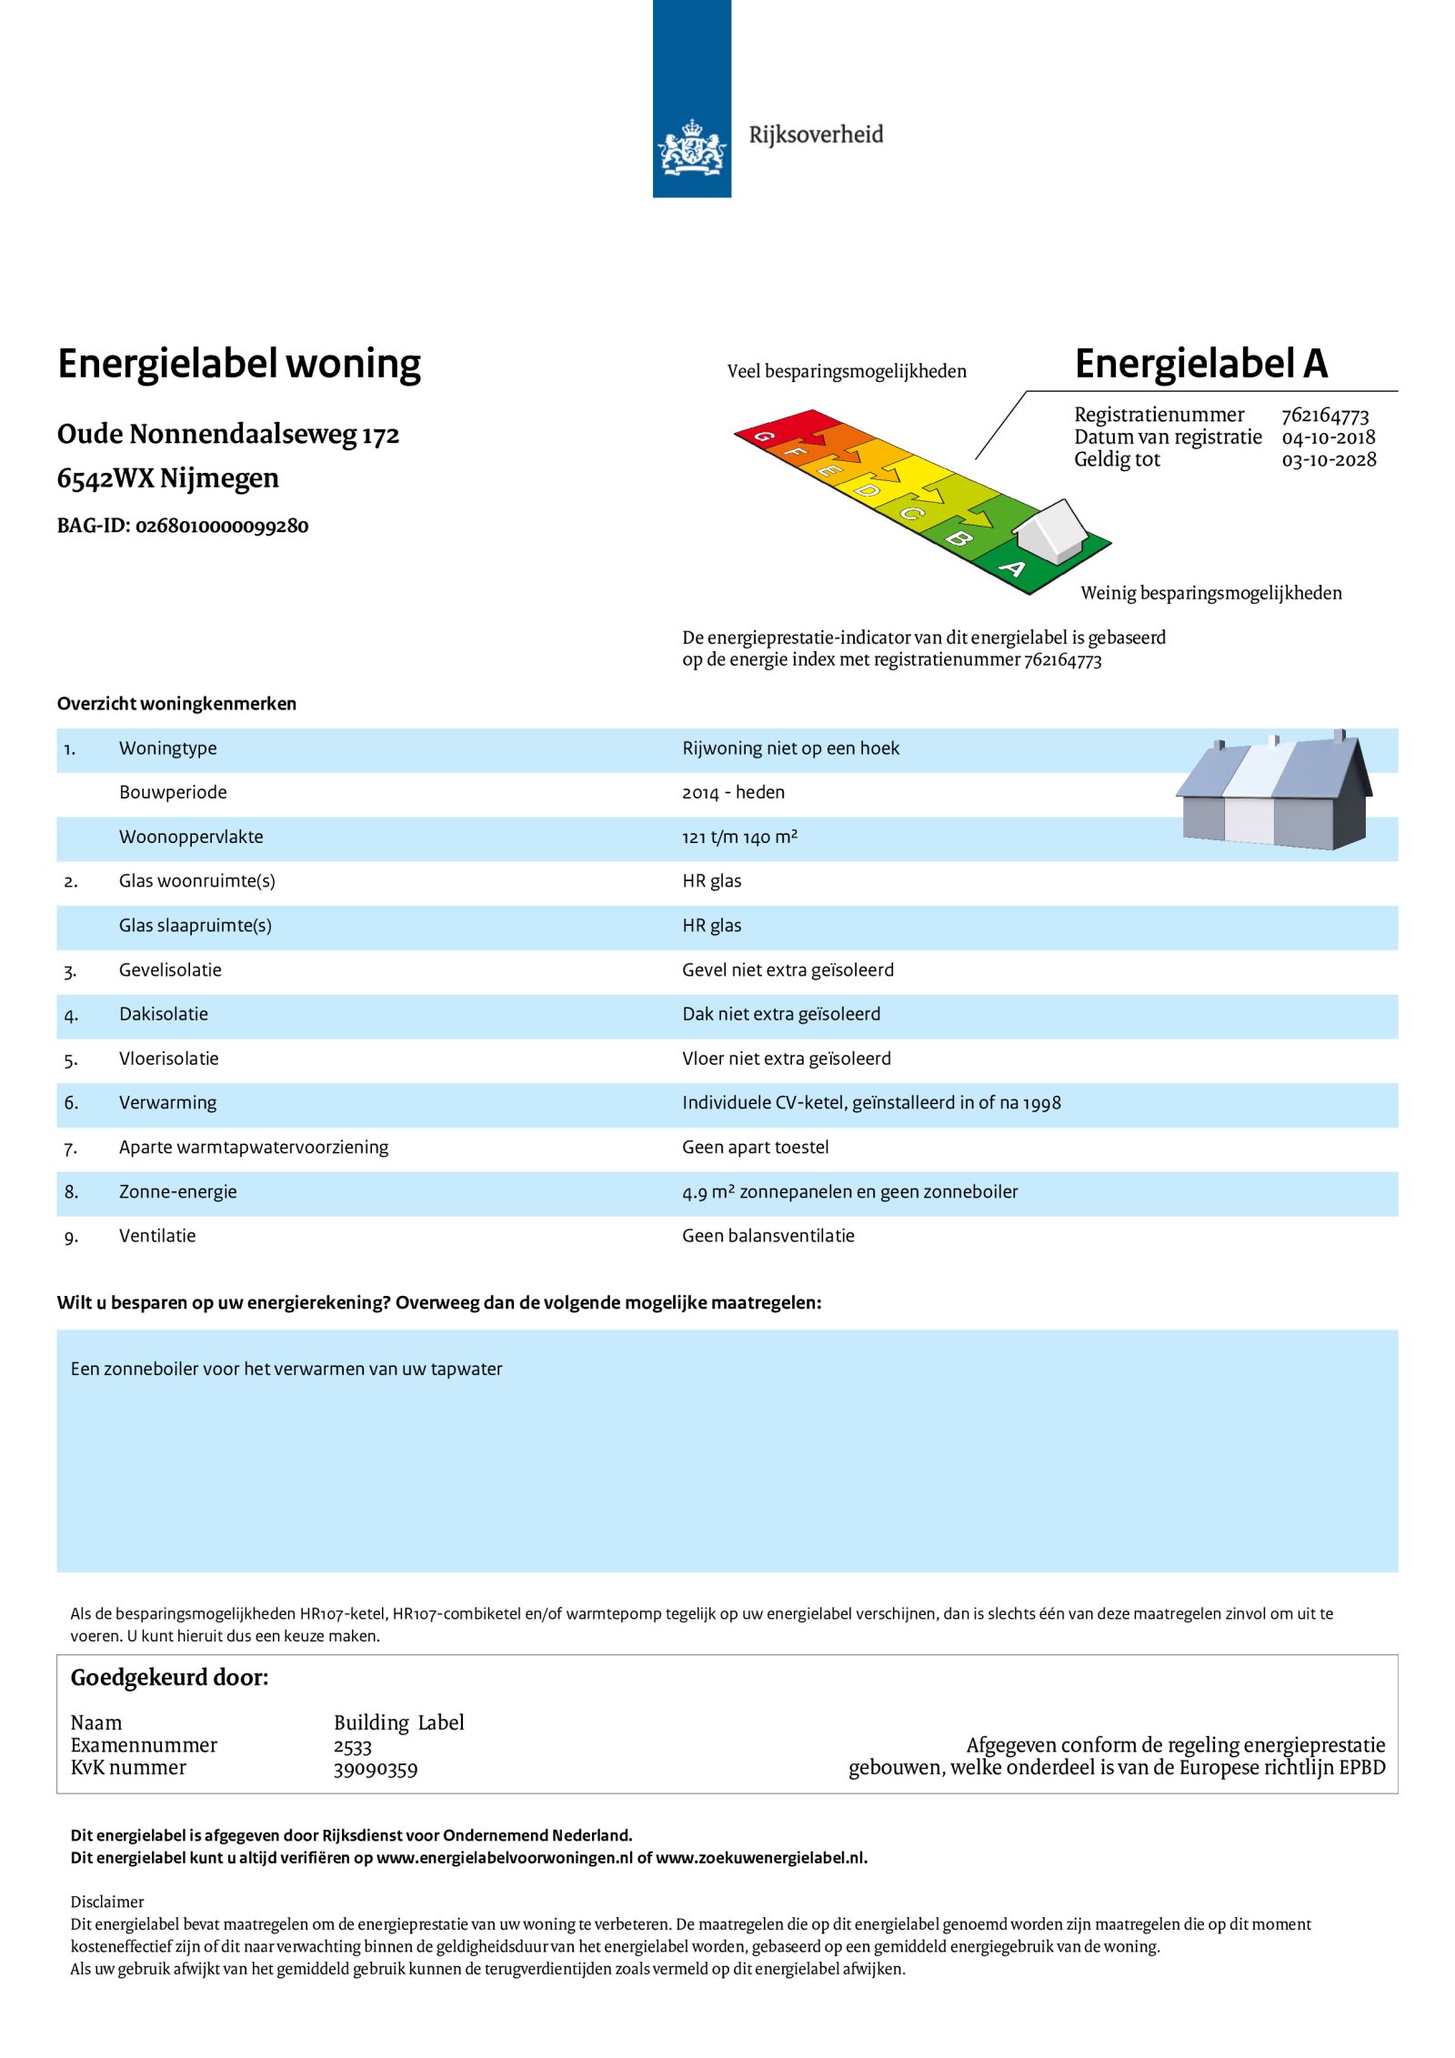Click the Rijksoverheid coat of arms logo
(x=691, y=147)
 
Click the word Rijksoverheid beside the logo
(x=816, y=135)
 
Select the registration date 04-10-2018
(x=1328, y=437)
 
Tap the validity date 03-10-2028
(x=1329, y=460)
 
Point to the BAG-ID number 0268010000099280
(x=222, y=527)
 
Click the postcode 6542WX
(x=105, y=478)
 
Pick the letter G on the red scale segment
(x=764, y=437)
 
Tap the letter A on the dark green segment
(x=1012, y=569)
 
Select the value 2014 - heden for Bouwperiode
(x=733, y=793)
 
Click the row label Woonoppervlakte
(x=191, y=838)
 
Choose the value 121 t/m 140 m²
(x=739, y=838)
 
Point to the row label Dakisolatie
(x=164, y=1015)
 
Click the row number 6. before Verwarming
(x=71, y=1104)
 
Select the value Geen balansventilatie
(x=768, y=1237)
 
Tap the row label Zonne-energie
(x=177, y=1192)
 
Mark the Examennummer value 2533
(x=353, y=1747)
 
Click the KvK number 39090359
(x=376, y=1770)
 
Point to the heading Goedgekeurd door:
(x=170, y=1678)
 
